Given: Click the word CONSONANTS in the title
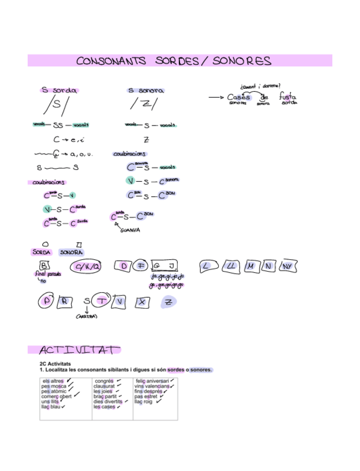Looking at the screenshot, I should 112,61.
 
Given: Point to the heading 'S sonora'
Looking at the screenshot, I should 146,90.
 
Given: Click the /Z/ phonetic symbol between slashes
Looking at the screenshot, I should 144,104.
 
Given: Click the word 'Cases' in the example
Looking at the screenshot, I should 239,97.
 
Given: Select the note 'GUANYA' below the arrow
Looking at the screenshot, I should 130,230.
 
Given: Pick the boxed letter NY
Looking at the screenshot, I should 287,267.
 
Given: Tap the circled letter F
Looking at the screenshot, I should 141,266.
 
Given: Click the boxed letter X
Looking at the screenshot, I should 143,302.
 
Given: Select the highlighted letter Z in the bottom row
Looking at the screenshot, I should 168,302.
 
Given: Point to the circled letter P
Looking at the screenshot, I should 46,302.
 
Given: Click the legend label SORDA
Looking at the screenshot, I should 41,253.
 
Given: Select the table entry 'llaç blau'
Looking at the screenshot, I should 51,407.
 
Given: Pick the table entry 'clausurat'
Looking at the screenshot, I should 104,386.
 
